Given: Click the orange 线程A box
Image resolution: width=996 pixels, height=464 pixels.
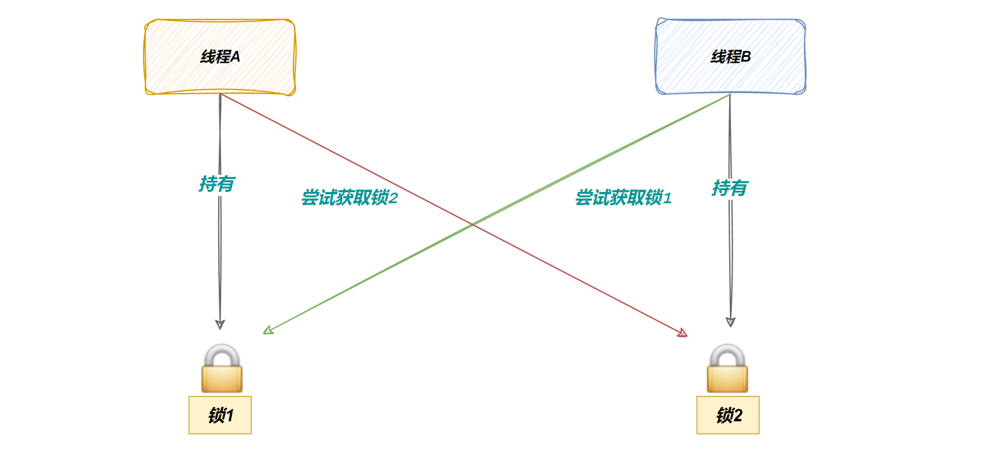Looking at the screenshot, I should pyautogui.click(x=220, y=57).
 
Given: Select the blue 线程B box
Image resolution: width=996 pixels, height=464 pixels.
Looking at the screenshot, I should pyautogui.click(x=730, y=57).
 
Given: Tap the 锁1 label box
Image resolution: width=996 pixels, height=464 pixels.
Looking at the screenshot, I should pyautogui.click(x=220, y=415).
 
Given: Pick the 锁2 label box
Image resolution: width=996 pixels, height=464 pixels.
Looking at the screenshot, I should pyautogui.click(x=728, y=415).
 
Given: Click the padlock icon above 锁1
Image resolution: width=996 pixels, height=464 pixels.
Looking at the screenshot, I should pyautogui.click(x=222, y=370).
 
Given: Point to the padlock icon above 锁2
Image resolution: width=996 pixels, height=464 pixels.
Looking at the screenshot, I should pyautogui.click(x=727, y=370).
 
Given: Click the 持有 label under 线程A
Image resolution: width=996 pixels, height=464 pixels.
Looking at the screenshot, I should pyautogui.click(x=217, y=184).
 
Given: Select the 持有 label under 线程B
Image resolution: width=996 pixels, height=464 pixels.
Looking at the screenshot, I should pyautogui.click(x=730, y=188).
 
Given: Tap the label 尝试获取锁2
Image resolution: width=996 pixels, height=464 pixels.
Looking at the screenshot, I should pyautogui.click(x=349, y=198).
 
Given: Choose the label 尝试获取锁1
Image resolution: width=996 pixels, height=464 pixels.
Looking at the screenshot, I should pyautogui.click(x=623, y=198).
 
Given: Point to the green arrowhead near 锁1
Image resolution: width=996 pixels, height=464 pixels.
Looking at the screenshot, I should pyautogui.click(x=267, y=331).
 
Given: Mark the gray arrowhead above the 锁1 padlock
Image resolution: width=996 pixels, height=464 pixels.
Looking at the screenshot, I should pyautogui.click(x=220, y=324).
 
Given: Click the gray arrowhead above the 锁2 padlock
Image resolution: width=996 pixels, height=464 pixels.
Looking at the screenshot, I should pyautogui.click(x=730, y=322).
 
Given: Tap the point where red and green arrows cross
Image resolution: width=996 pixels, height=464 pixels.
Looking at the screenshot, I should pyautogui.click(x=473, y=225).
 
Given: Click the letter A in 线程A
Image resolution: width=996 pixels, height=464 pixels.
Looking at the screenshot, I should pyautogui.click(x=235, y=57).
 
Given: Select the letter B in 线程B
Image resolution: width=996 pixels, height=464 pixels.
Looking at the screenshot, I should pyautogui.click(x=746, y=57).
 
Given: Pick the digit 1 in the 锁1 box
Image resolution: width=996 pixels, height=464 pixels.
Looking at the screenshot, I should pyautogui.click(x=229, y=415).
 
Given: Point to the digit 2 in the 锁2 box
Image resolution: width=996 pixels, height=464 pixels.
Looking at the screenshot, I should pyautogui.click(x=738, y=415).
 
